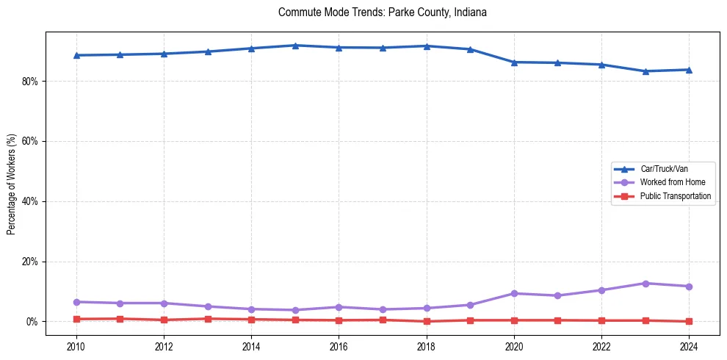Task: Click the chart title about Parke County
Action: click(383, 12)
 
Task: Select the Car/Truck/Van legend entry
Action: click(664, 169)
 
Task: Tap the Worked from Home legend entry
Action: click(672, 182)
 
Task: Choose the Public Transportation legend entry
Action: click(676, 196)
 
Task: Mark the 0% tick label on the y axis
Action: click(31, 322)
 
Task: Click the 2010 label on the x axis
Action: click(76, 346)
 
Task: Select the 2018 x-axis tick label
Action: click(427, 346)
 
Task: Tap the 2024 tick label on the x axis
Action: click(689, 346)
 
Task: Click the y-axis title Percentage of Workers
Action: click(12, 184)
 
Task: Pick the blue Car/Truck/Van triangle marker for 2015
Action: click(295, 46)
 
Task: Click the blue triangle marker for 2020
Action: click(514, 62)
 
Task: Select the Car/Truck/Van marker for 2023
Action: click(645, 71)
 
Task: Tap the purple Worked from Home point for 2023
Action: click(645, 284)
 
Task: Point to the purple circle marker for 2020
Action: click(514, 294)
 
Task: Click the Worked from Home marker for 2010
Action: click(76, 302)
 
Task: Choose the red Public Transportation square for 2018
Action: click(427, 321)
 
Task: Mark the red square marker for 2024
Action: click(689, 321)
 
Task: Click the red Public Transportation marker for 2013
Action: click(208, 319)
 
